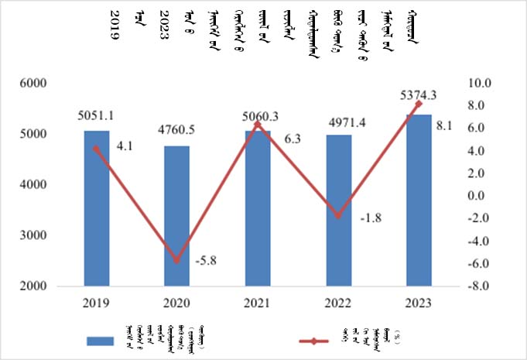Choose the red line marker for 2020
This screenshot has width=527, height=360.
tap(176, 261)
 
